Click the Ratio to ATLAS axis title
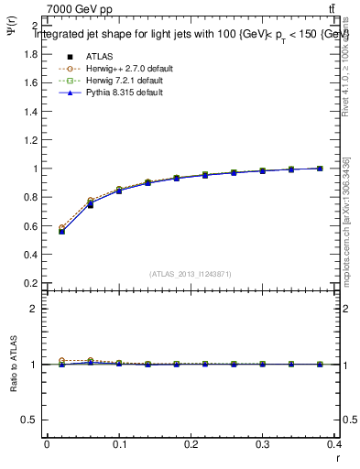(12, 364)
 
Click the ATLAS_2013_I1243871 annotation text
(191, 274)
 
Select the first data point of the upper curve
(61, 231)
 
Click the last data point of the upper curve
(320, 169)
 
